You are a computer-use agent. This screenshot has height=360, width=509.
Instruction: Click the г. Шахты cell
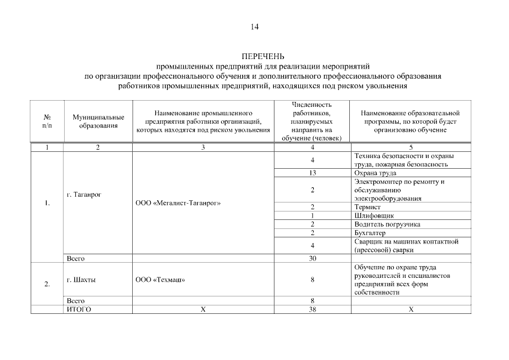81,280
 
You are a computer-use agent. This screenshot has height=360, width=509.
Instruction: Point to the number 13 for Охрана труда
312,173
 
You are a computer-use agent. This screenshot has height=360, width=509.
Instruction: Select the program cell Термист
368,207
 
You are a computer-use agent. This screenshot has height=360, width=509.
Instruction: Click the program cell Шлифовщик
374,215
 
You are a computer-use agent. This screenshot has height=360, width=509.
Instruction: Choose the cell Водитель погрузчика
387,224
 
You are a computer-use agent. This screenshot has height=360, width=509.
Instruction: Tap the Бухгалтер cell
371,232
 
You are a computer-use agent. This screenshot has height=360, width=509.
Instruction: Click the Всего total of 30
312,258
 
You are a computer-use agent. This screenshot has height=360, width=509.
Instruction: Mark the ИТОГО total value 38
312,309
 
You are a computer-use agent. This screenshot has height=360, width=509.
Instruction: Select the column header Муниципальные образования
98,121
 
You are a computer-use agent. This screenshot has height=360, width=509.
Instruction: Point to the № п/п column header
47,121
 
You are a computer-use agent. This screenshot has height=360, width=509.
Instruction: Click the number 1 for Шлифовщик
312,215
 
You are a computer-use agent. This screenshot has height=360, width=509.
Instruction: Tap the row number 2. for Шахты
47,283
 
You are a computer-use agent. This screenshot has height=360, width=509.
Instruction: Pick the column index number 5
411,147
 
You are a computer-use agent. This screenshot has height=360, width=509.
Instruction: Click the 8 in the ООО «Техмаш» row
312,280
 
